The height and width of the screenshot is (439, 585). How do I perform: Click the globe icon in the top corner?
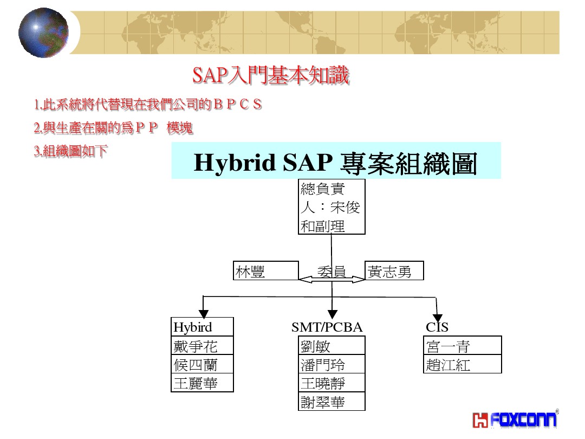(43, 33)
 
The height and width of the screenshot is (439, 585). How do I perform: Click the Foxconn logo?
(515, 419)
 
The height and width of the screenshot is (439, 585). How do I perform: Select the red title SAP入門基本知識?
(271, 76)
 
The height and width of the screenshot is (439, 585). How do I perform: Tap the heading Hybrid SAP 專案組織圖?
(335, 162)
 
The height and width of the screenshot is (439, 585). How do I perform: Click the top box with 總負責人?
(331, 206)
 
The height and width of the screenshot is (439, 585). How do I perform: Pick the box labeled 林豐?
(266, 271)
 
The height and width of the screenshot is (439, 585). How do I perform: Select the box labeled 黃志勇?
(394, 271)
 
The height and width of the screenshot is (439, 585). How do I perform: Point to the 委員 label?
(331, 271)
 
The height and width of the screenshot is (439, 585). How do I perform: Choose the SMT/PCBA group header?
(327, 327)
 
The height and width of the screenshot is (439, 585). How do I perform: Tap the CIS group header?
(437, 327)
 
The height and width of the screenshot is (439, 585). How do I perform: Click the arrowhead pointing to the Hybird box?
(203, 313)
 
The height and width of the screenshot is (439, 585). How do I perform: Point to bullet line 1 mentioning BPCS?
(148, 105)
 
